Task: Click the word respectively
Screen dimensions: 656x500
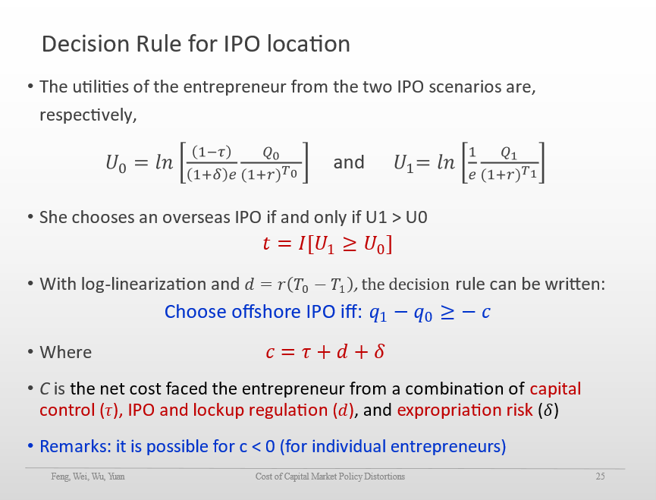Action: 88,115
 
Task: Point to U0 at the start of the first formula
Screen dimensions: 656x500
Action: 116,163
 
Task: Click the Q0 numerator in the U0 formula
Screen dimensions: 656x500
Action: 271,153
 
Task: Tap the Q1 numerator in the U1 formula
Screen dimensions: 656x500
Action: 509,153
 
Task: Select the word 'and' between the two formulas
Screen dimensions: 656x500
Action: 349,162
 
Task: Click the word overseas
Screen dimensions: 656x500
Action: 196,218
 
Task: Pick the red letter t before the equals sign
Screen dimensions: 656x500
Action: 266,244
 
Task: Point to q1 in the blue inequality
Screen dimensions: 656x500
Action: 378,313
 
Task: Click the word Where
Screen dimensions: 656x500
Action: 66,352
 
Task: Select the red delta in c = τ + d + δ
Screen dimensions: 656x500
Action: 379,351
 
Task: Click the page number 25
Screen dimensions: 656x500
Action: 601,476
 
